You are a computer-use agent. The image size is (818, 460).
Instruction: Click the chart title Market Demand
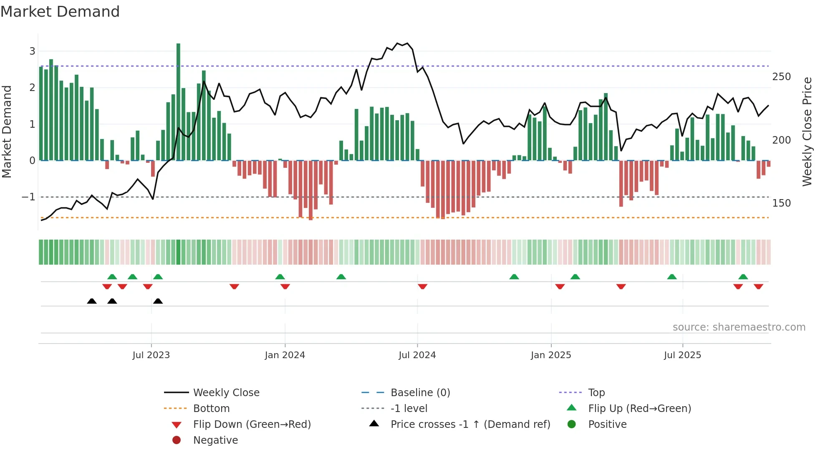(60, 12)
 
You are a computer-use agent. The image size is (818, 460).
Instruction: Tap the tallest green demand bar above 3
(178, 100)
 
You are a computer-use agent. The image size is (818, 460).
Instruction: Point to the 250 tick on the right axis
(781, 77)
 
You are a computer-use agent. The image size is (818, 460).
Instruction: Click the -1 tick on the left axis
(28, 197)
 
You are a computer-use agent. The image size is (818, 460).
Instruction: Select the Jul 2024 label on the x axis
(417, 355)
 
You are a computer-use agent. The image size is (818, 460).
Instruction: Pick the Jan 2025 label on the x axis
(551, 355)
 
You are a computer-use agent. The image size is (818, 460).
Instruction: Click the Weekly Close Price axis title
(807, 131)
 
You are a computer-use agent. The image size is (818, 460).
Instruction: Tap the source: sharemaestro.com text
(739, 327)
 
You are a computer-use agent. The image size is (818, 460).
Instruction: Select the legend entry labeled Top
(596, 393)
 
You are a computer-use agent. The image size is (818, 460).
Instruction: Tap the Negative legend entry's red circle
(177, 440)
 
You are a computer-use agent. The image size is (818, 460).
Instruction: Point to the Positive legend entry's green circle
(572, 425)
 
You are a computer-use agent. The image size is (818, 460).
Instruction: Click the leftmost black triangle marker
(92, 301)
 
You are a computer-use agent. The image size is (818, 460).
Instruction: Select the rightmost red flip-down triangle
(758, 286)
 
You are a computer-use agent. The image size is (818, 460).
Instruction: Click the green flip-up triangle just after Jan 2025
(575, 277)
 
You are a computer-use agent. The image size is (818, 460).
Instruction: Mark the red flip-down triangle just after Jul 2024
(422, 286)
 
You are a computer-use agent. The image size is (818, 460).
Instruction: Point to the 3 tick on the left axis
(32, 51)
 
